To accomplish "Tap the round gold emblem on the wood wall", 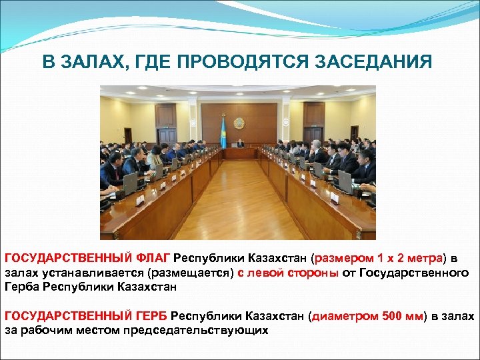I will [239, 123].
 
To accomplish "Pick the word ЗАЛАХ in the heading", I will [91, 63].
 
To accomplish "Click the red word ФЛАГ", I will [153, 258].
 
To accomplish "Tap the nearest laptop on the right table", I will [345, 181].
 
